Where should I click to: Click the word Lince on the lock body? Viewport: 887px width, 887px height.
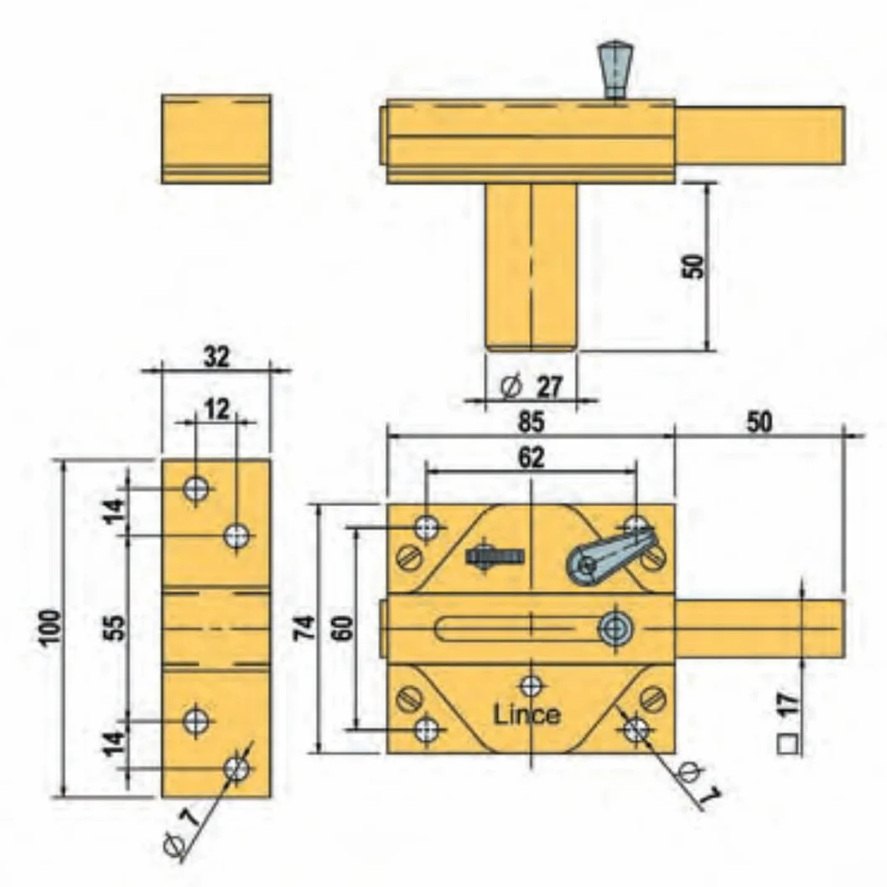coord(527,714)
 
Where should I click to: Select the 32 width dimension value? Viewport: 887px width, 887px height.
coord(216,357)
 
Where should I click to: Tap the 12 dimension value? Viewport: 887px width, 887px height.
coord(216,408)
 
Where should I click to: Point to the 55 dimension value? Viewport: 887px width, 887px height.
coord(116,627)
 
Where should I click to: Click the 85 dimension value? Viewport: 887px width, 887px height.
coord(531,422)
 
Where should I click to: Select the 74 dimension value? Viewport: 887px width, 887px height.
coord(304,628)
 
